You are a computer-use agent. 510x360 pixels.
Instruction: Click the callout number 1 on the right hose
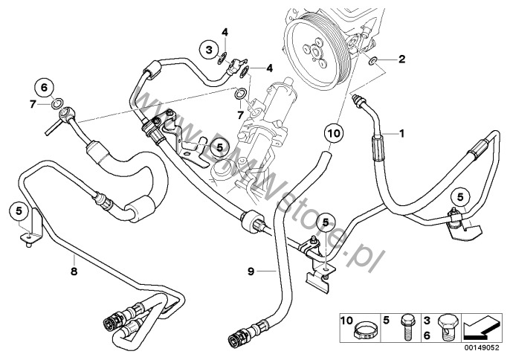click(402, 134)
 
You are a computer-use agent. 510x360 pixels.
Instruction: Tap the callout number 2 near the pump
click(402, 58)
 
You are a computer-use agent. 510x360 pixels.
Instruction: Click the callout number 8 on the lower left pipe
click(73, 253)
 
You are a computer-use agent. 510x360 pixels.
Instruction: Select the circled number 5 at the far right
click(460, 196)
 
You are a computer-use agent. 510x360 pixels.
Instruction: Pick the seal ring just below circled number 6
click(57, 103)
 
